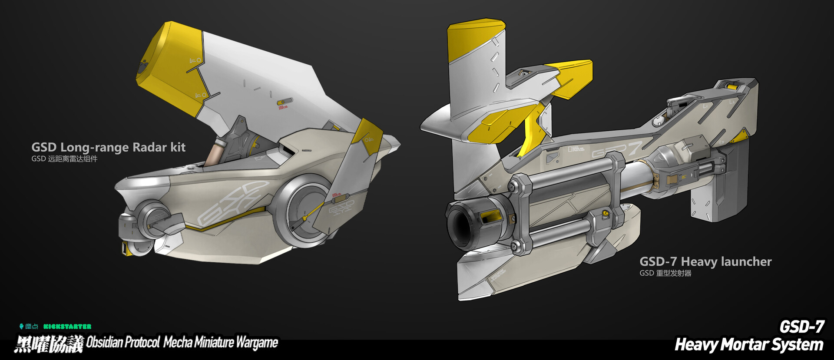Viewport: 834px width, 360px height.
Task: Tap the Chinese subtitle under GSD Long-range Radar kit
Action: (64, 159)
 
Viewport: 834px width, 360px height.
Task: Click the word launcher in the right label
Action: (746, 261)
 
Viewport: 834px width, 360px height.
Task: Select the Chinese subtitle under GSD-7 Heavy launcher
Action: (665, 273)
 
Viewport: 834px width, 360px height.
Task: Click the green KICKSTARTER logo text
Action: (67, 327)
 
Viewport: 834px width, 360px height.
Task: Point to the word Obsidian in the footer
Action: (104, 342)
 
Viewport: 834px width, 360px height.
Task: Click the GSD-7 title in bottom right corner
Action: (801, 327)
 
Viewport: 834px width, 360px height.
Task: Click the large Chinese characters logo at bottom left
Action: (49, 344)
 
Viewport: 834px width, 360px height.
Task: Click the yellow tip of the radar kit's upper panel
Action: (169, 61)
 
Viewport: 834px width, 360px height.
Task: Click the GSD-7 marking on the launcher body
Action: (617, 150)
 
